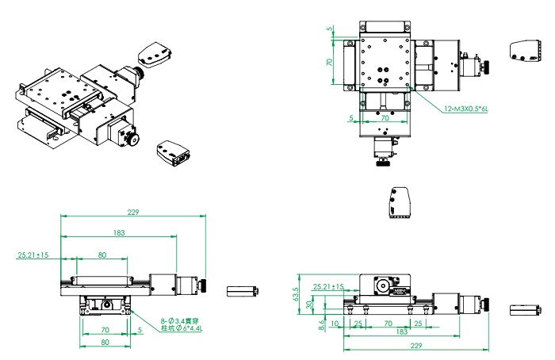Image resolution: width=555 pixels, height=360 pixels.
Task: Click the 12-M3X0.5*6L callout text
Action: click(466, 109)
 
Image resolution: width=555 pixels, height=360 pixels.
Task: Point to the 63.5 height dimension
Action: click(296, 294)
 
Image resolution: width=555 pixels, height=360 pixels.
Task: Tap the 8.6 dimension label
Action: click(321, 325)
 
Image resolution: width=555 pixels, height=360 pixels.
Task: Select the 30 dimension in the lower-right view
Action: click(309, 304)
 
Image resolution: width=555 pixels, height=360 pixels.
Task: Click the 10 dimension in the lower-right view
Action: click(335, 324)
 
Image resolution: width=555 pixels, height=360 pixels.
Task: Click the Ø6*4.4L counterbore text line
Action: click(182, 328)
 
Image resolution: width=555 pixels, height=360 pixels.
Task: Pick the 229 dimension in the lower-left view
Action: click(133, 212)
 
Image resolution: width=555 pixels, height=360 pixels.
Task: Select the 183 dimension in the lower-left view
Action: click(119, 232)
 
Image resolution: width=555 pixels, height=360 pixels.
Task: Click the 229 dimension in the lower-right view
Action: click(416, 345)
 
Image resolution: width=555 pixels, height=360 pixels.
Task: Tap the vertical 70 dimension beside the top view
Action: click(329, 62)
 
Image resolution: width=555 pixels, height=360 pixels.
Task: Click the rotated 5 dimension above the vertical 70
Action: click(330, 29)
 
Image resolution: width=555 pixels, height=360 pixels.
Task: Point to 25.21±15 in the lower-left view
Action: click(33, 255)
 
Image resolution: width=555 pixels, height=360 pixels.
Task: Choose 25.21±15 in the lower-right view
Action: click(328, 286)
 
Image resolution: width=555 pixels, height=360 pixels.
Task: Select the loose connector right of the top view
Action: click(525, 52)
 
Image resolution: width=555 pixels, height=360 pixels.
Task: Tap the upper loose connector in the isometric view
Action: click(155, 55)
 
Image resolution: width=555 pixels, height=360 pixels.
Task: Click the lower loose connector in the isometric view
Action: click(174, 153)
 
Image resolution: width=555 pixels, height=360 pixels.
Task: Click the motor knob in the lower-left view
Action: click(204, 285)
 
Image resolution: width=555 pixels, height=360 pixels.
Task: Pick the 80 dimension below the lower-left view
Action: click(105, 342)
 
